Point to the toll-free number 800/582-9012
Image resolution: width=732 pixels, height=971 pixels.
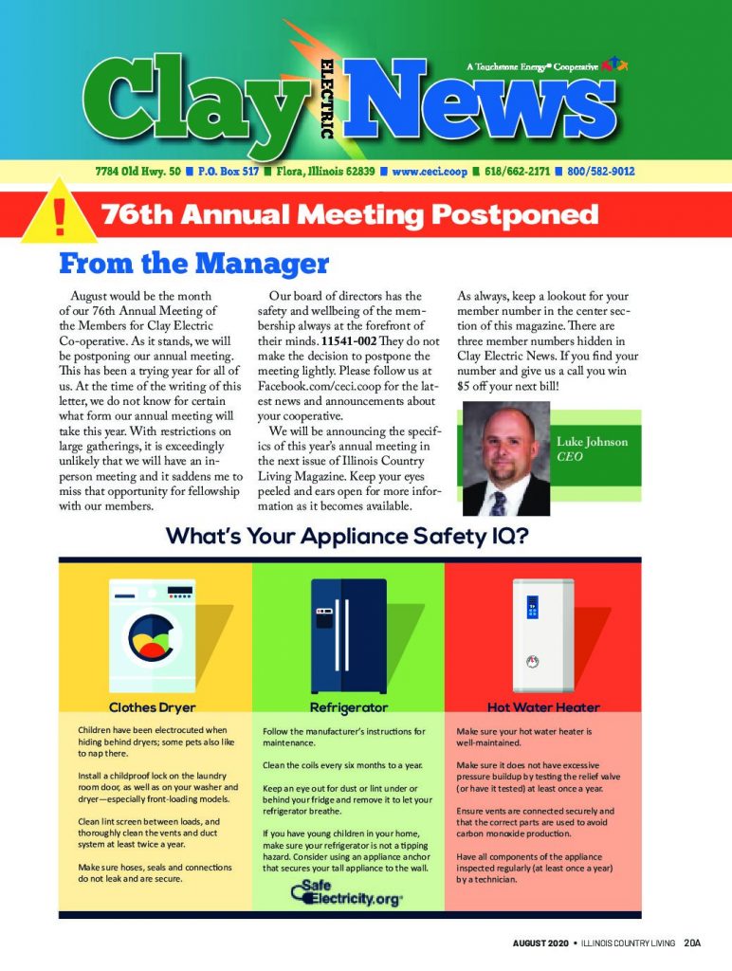click(x=601, y=172)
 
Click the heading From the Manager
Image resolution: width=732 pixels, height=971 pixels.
click(x=193, y=263)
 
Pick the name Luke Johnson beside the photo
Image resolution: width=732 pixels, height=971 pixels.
click(x=592, y=442)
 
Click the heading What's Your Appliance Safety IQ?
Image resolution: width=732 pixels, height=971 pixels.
click(x=346, y=537)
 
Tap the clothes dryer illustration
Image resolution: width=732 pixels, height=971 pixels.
click(x=152, y=632)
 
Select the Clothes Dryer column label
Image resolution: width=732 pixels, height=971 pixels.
click(x=152, y=707)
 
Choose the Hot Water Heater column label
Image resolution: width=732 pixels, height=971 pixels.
click(x=543, y=707)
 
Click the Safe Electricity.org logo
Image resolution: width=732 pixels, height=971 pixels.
click(x=346, y=893)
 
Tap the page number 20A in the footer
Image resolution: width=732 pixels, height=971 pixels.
click(x=691, y=943)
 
